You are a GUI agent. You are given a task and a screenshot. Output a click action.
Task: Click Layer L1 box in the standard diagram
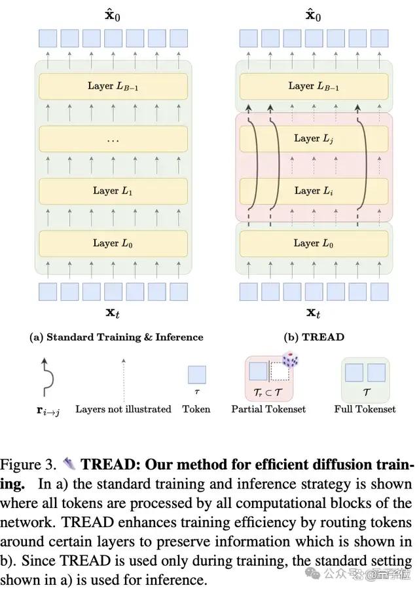[113, 191]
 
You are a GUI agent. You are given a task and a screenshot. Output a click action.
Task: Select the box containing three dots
[113, 138]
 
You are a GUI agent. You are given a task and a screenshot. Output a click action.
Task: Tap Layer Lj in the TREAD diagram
[314, 138]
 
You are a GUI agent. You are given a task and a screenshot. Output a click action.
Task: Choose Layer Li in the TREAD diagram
[314, 191]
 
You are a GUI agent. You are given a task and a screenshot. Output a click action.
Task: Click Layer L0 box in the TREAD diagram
[314, 243]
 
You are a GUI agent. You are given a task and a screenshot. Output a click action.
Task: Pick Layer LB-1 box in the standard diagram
[113, 86]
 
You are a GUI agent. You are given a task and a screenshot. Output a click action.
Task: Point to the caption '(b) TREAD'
[314, 337]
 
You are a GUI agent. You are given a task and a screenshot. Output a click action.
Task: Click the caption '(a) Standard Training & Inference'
[116, 337]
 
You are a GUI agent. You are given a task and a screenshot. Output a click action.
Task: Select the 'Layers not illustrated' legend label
[123, 409]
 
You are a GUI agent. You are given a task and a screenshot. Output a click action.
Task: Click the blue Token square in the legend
[197, 375]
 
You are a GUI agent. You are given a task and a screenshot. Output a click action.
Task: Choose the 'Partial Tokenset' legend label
[268, 409]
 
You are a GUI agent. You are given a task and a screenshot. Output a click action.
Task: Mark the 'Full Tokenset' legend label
[365, 409]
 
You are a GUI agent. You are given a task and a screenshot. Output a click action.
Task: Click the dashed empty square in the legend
[280, 372]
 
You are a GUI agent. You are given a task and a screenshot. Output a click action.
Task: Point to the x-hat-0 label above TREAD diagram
[314, 16]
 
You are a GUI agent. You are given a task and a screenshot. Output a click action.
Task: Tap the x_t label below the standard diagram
[113, 312]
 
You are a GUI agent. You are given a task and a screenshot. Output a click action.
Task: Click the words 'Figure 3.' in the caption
[28, 465]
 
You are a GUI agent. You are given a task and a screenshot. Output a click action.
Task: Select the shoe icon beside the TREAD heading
[69, 464]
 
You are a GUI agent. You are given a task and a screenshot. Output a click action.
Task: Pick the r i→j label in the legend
[48, 410]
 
